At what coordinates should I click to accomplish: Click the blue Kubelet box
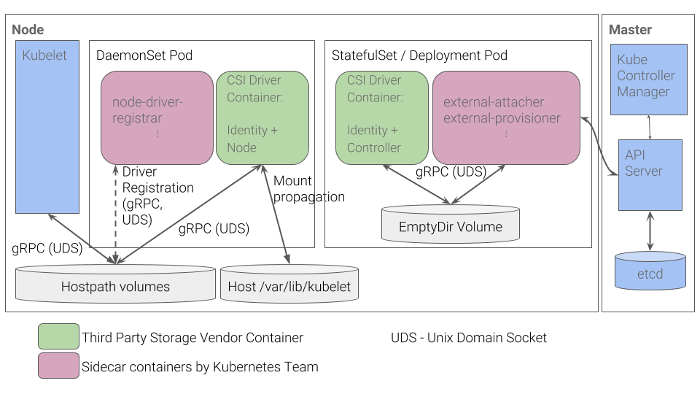tap(47, 127)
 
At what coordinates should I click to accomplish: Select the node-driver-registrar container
tap(157, 117)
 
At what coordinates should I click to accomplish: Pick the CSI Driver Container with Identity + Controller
tap(381, 117)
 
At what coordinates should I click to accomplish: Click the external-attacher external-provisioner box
tap(506, 117)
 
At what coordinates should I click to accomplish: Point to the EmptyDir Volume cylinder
tap(451, 224)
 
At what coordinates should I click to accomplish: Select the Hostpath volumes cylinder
tap(115, 284)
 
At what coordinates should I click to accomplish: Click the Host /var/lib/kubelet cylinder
tap(289, 284)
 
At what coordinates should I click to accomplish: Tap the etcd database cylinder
tap(650, 271)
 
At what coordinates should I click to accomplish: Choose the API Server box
tap(650, 175)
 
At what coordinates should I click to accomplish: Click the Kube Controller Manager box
tap(648, 79)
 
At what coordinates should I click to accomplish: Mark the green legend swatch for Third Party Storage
tap(58, 337)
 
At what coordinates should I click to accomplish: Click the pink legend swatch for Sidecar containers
tap(58, 366)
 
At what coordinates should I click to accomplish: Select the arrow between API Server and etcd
tap(650, 231)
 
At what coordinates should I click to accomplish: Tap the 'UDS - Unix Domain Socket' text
tap(468, 337)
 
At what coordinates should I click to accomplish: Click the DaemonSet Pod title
tap(144, 55)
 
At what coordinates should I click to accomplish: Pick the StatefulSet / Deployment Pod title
tap(419, 55)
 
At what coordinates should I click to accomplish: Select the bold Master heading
tap(630, 30)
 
